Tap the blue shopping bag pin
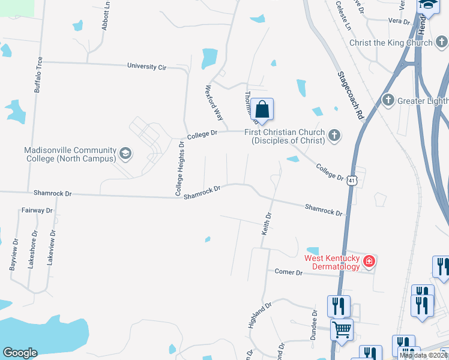(262, 109)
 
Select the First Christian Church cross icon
(334, 136)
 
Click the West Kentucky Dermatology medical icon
(369, 262)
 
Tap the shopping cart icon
(342, 328)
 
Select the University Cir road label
(146, 67)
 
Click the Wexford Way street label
(214, 102)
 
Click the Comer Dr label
(289, 272)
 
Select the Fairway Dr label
(37, 211)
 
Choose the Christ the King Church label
(391, 43)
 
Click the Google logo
(20, 353)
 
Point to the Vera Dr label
(399, 20)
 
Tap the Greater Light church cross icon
(388, 100)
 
